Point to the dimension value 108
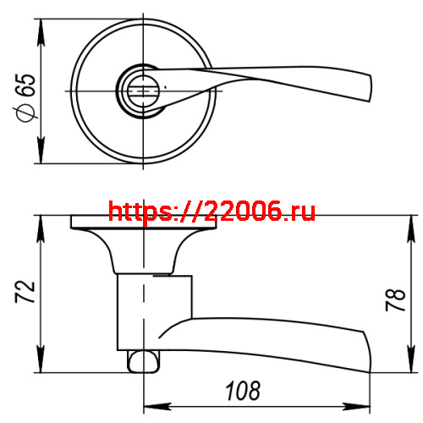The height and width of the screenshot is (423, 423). click(242, 392)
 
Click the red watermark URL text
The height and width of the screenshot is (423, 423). click(212, 211)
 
